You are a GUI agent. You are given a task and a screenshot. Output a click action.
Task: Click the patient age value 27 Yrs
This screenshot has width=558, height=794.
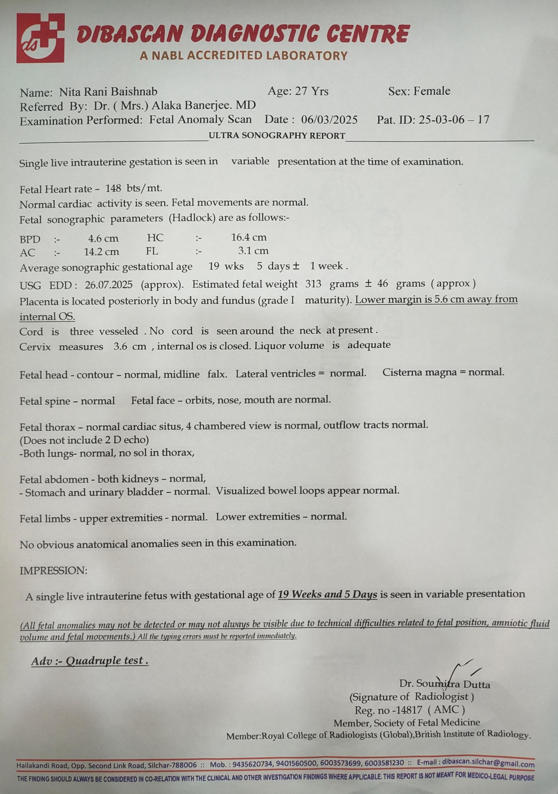coord(311,92)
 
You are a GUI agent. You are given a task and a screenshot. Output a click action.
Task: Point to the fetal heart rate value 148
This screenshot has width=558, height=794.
coord(113,188)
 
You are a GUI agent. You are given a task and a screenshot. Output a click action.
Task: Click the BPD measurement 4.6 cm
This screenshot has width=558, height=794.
coord(103,239)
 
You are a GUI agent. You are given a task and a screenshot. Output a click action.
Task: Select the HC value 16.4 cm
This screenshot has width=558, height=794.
coord(249,237)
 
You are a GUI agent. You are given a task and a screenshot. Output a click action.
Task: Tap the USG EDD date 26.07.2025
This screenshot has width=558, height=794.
coord(109,285)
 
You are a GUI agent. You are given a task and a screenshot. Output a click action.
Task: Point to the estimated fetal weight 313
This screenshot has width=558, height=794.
coord(313,284)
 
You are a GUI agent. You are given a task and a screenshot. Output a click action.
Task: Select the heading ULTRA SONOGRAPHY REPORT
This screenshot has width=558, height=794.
coord(277,136)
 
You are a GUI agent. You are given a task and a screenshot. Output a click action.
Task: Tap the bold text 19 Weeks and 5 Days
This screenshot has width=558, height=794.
coord(327,594)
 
